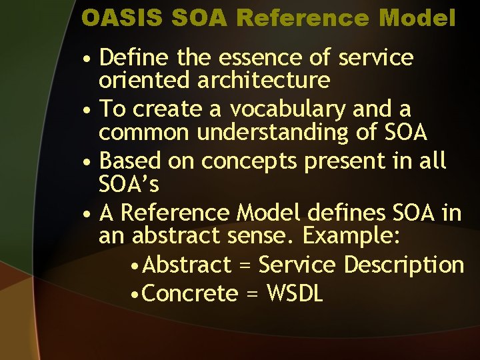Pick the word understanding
pyautogui.click(x=273, y=133)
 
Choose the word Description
pyautogui.click(x=403, y=265)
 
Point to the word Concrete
pyautogui.click(x=190, y=293)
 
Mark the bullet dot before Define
pyautogui.click(x=88, y=59)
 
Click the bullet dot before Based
pyautogui.click(x=88, y=163)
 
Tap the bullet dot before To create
pyautogui.click(x=88, y=111)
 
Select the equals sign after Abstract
pyautogui.click(x=244, y=266)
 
